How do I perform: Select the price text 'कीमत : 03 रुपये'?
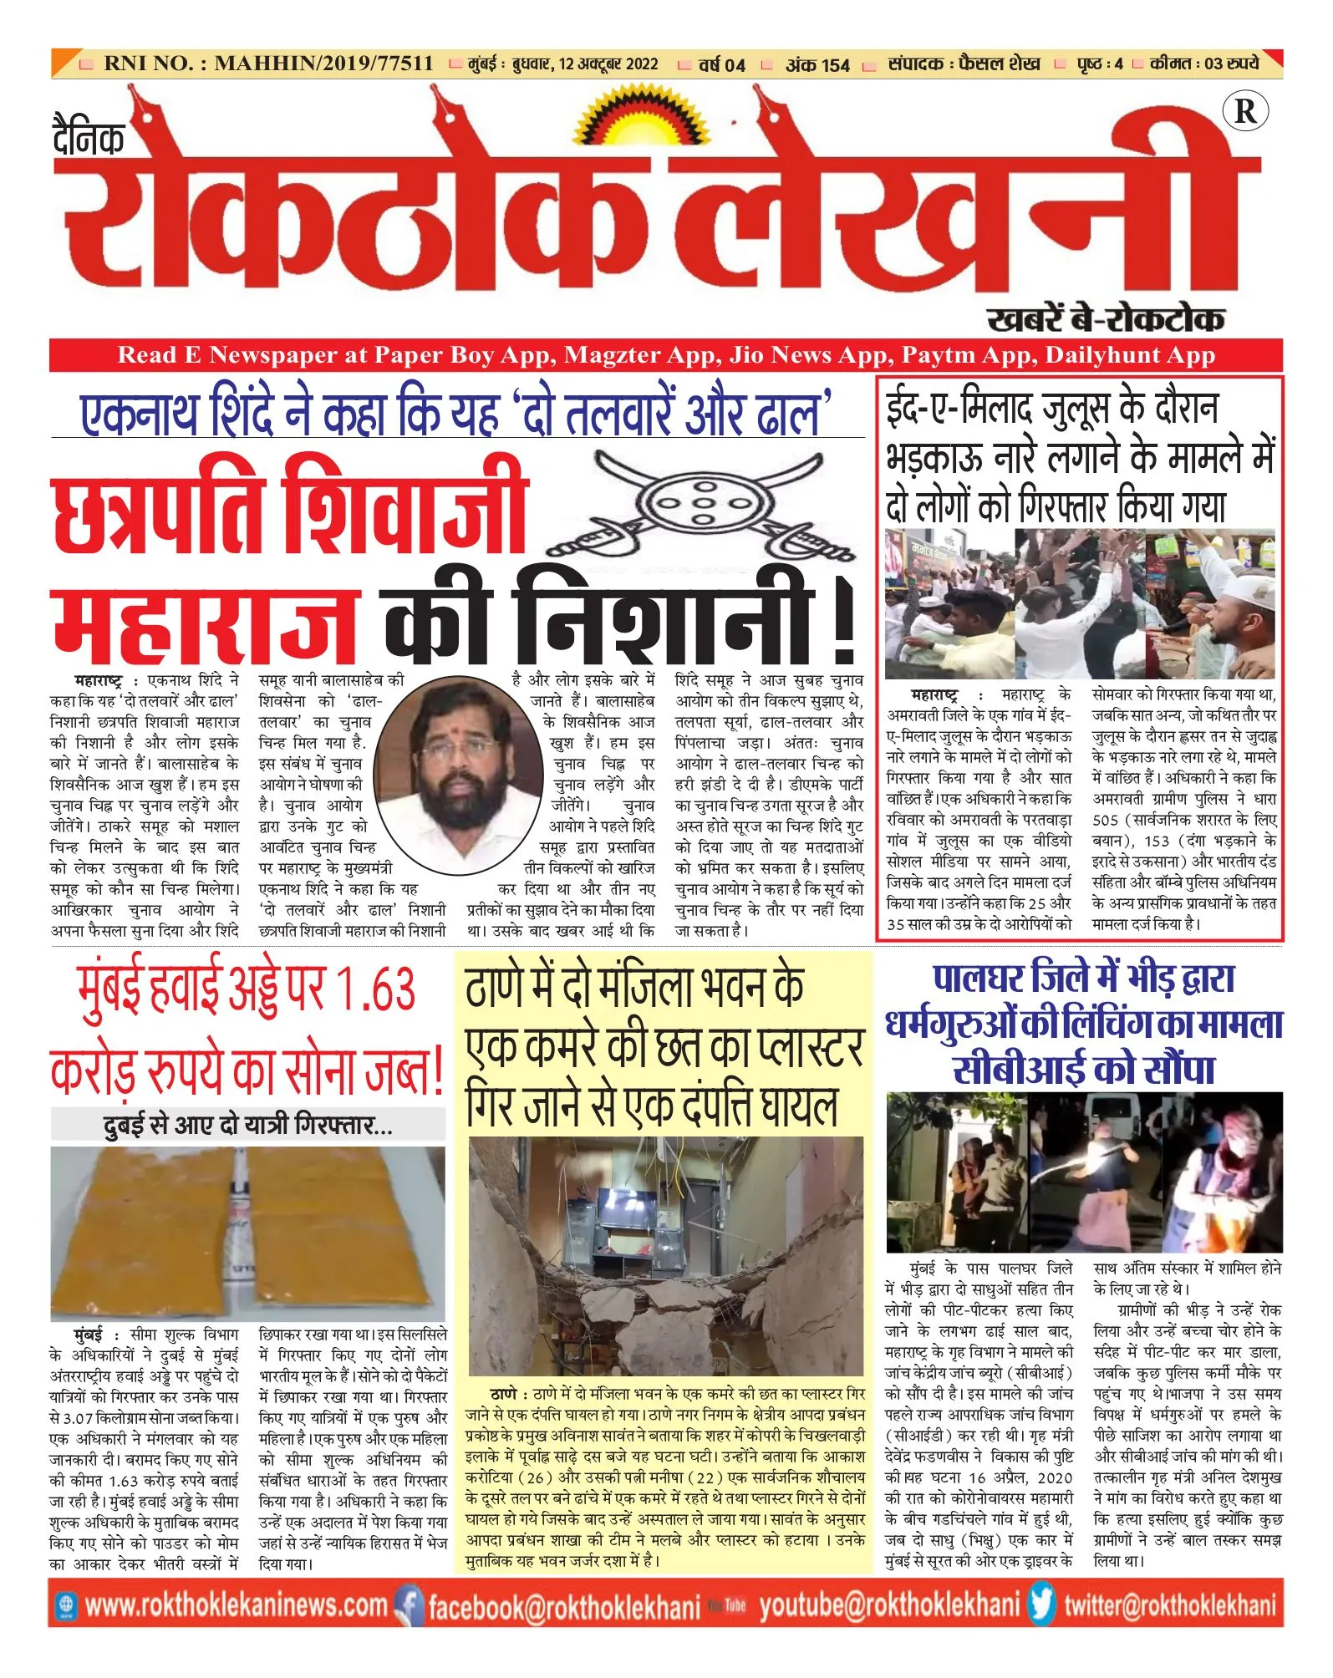pos(1203,64)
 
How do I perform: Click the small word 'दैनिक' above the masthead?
pos(89,138)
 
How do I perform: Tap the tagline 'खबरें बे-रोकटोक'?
pos(1105,319)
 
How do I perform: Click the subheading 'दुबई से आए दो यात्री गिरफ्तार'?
pos(247,1125)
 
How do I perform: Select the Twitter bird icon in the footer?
pos(1041,1605)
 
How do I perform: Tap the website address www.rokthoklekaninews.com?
pos(236,1605)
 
